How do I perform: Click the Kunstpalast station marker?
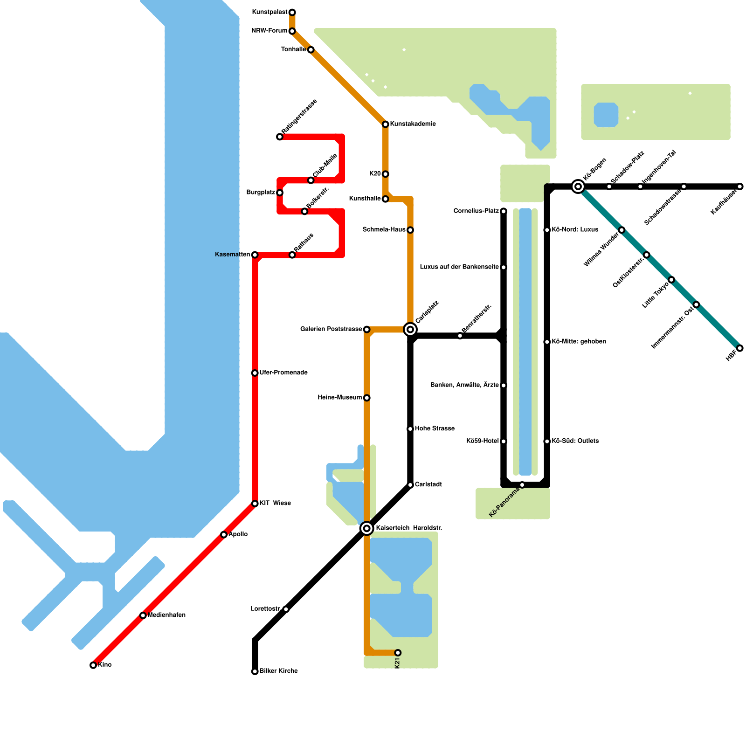click(x=292, y=12)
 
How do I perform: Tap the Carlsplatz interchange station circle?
click(x=410, y=330)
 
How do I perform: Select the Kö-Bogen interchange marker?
click(x=578, y=186)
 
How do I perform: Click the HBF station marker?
click(x=740, y=348)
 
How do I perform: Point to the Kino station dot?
click(x=93, y=665)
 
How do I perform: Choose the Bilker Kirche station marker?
click(x=255, y=671)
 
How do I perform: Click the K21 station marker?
click(x=398, y=653)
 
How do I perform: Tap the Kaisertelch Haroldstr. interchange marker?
click(x=367, y=528)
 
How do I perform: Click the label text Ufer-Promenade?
click(x=283, y=373)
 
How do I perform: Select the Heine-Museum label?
click(x=339, y=398)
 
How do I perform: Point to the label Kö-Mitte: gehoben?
click(x=579, y=342)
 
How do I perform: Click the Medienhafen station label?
click(x=166, y=615)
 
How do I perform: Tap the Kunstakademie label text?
click(x=413, y=124)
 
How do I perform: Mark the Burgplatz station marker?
click(x=280, y=193)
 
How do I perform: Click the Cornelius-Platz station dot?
click(x=504, y=211)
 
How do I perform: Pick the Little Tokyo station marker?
click(x=671, y=280)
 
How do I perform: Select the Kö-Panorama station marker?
click(x=522, y=485)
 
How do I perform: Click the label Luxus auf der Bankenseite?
click(x=459, y=267)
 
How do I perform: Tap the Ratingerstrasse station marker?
click(x=280, y=137)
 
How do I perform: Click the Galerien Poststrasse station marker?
click(x=367, y=330)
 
